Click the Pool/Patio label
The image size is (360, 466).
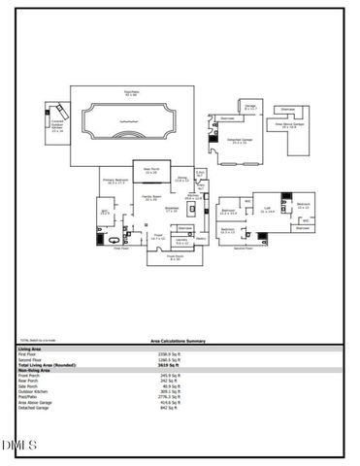130,94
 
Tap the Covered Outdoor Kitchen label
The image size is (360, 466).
57,125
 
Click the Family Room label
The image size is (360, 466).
150,197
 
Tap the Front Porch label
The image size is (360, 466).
176,258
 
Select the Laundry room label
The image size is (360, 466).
181,242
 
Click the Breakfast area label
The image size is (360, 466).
172,208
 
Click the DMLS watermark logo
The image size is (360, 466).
19,446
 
